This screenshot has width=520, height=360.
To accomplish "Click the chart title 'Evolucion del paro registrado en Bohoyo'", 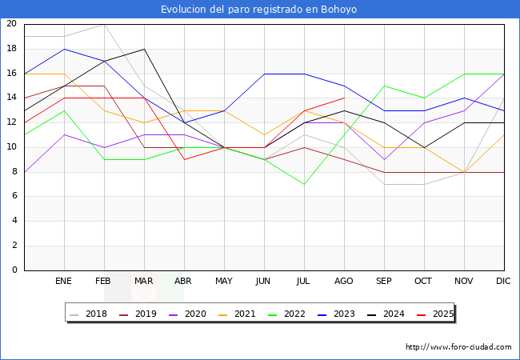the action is [258, 10].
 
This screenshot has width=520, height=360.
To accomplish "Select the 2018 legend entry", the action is [89, 314].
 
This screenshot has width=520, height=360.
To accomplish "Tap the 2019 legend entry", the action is [138, 314].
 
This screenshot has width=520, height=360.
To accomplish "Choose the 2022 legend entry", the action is [287, 314].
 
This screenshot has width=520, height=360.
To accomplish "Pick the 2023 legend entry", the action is [336, 314].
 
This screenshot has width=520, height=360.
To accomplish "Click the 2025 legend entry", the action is [435, 314].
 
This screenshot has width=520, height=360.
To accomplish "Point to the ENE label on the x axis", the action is [63, 281].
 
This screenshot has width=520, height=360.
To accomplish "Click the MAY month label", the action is [224, 281].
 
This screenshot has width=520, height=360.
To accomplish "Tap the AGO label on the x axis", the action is [343, 281].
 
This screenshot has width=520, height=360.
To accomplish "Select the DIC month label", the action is [503, 281].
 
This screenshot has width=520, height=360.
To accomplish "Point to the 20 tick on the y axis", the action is [12, 23].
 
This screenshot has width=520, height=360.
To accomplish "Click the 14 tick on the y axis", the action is [12, 98].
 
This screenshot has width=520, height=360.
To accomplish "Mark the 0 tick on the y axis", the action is [14, 270].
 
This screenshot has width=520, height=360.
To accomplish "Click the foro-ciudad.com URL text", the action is [458, 347].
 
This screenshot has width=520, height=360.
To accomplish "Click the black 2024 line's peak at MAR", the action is [144, 49].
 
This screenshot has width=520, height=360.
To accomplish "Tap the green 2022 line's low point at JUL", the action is [305, 184].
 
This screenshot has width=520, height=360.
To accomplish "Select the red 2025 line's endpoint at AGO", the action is [345, 98].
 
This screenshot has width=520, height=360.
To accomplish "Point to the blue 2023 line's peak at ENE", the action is [64, 49].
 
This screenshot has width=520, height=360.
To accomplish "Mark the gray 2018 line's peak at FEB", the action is [105, 25].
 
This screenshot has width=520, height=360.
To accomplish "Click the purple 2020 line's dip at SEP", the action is [384, 160].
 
